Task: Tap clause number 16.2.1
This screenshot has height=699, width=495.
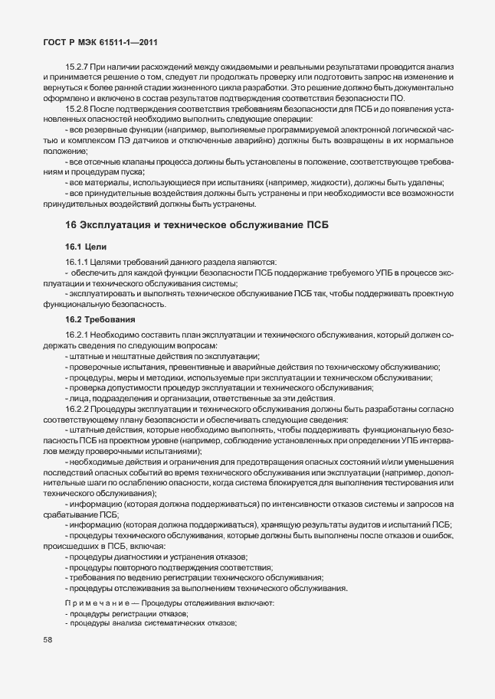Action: [79, 335]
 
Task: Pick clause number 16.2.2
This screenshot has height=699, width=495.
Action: [79, 409]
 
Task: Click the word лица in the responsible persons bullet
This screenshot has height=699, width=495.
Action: [78, 398]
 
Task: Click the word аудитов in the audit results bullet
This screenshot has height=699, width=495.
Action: [366, 524]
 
